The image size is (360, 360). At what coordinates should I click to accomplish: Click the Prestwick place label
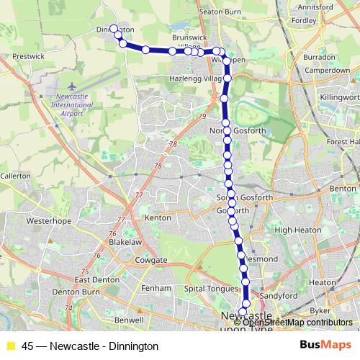click(x=30, y=55)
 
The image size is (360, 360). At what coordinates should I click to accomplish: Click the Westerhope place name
click(x=46, y=222)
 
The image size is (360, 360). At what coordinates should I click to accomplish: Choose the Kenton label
click(x=158, y=217)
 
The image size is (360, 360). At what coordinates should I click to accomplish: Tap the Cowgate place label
click(x=151, y=260)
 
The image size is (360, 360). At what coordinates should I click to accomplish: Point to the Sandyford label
click(x=279, y=295)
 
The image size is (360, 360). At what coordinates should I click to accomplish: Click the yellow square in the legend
click(x=10, y=346)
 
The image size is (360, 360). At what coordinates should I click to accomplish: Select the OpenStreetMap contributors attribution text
click(x=297, y=323)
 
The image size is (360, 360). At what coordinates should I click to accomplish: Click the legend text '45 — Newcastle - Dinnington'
click(x=90, y=346)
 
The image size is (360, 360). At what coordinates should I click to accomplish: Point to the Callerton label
click(x=15, y=176)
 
